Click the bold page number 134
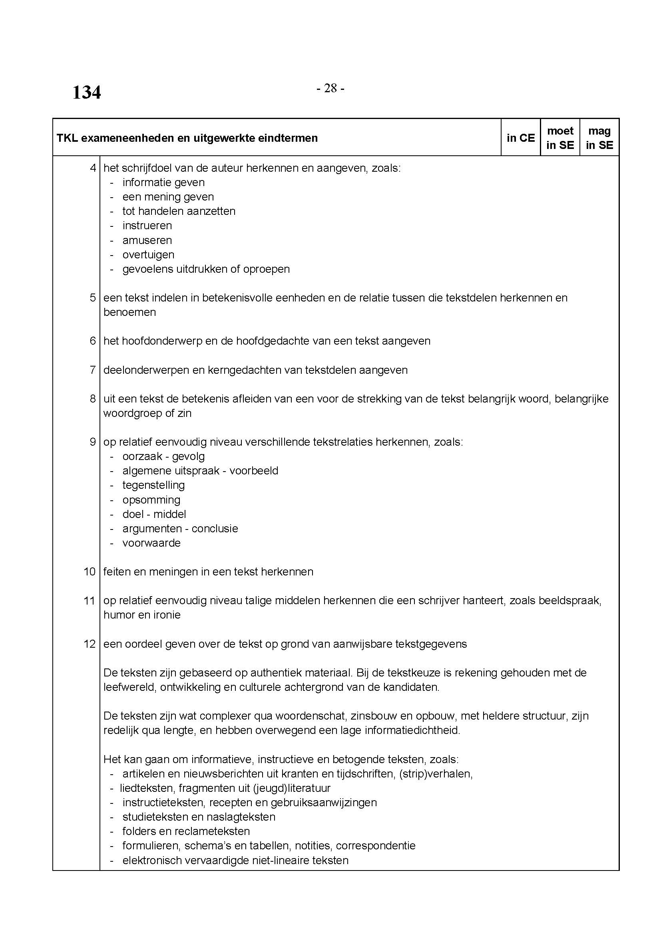86,92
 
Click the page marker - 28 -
330,88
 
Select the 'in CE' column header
521,138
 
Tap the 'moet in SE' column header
560,138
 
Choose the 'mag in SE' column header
599,138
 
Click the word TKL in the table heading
67,138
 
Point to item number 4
93,168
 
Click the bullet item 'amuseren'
147,240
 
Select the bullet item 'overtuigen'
148,255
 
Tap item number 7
93,370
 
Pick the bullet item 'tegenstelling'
153,485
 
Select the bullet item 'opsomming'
151,500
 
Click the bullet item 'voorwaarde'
151,543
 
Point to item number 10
90,571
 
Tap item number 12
90,644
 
